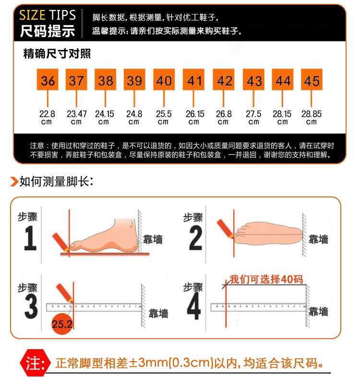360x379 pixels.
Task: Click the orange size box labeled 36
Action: point(48,80)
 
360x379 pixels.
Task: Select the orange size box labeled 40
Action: point(164,80)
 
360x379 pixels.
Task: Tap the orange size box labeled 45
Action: point(312,80)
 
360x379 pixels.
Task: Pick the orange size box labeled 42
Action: point(224,80)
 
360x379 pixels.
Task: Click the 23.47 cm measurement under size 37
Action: point(77,118)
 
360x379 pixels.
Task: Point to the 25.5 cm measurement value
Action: point(164,118)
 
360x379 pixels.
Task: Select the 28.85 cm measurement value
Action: point(312,118)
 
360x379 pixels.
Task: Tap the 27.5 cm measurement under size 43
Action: point(253,118)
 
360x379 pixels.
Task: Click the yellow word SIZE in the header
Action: point(32,15)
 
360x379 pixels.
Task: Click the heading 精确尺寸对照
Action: point(57,53)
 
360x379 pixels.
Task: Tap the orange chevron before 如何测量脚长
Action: point(14,182)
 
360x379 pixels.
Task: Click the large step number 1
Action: point(30,238)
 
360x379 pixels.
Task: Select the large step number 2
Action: point(196,238)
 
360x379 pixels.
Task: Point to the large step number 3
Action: point(31,307)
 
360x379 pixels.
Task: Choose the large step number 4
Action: point(194,306)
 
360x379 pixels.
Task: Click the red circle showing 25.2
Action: point(62,324)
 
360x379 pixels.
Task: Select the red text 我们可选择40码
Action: point(266,279)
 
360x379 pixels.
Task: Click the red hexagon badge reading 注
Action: point(35,363)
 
